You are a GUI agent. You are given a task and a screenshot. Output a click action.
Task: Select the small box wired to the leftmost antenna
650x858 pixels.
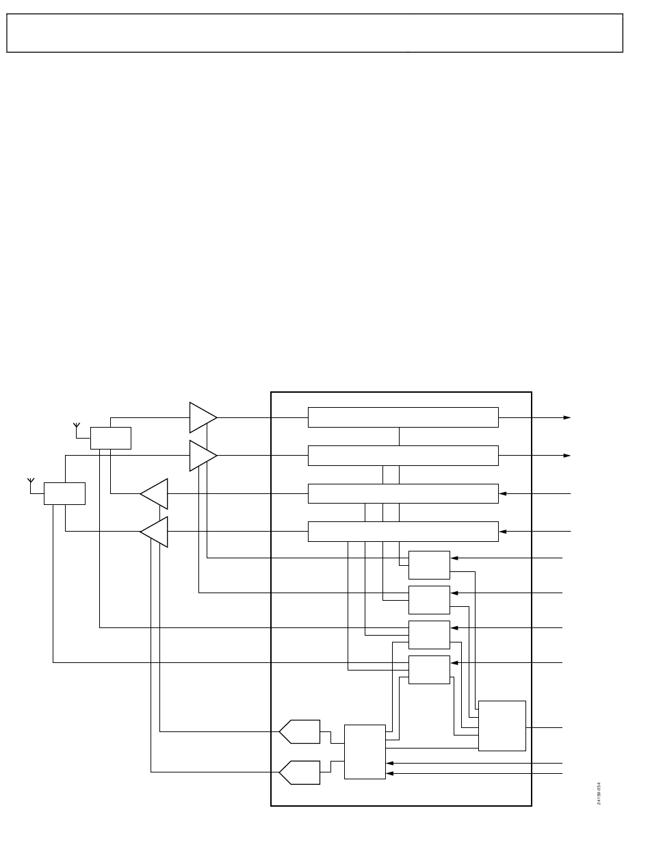pyautogui.click(x=64, y=493)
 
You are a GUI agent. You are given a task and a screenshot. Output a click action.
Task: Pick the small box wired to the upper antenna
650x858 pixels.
pyautogui.click(x=111, y=438)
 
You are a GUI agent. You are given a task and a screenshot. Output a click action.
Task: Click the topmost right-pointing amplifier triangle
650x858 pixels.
pyautogui.click(x=202, y=417)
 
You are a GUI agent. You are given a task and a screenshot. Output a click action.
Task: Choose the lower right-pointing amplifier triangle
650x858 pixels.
pyautogui.click(x=202, y=456)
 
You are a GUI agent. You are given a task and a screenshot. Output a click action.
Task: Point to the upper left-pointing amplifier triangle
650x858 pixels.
pyautogui.click(x=155, y=493)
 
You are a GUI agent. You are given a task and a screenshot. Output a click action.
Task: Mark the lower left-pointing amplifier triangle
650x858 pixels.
pyautogui.click(x=155, y=532)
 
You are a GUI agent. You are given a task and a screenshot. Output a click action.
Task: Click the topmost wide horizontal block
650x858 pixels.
pyautogui.click(x=403, y=417)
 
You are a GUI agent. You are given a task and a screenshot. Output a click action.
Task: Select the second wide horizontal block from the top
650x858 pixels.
pyautogui.click(x=403, y=456)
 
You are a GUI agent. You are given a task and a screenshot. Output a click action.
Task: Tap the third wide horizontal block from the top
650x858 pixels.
pyautogui.click(x=403, y=493)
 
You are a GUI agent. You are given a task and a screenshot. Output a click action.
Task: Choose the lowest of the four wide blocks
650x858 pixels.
pyautogui.click(x=403, y=532)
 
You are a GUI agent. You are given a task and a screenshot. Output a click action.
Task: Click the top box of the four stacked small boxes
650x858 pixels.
pyautogui.click(x=429, y=565)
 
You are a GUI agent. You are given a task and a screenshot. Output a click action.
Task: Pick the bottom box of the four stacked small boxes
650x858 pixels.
pyautogui.click(x=429, y=669)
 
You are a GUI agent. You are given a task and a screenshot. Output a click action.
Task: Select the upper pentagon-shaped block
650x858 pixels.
pyautogui.click(x=300, y=731)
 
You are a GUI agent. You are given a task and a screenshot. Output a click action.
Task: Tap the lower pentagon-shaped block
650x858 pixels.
pyautogui.click(x=300, y=772)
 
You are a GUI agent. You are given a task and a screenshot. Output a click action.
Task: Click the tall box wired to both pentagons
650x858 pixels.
pyautogui.click(x=365, y=751)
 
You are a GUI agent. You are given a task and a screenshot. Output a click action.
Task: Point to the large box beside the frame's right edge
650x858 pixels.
pyautogui.click(x=502, y=726)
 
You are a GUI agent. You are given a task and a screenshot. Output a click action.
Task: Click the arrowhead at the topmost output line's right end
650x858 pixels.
pyautogui.click(x=567, y=417)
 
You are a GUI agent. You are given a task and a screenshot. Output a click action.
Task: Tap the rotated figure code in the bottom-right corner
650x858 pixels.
pyautogui.click(x=599, y=794)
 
